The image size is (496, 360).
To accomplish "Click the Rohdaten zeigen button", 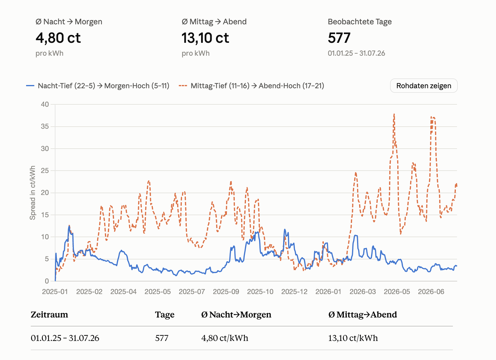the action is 424,86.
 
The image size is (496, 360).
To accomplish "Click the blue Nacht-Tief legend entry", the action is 98,86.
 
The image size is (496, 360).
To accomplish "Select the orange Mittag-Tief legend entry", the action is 251,86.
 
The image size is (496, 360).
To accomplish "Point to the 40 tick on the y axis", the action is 45,104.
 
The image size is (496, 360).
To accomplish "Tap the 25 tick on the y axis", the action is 45,171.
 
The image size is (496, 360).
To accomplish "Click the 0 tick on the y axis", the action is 47,281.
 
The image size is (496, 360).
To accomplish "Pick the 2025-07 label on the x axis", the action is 192,292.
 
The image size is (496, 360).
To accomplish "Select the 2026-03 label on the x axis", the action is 363,292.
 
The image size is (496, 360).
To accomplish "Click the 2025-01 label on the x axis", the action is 55,292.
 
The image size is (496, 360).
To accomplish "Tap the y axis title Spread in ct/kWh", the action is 33,193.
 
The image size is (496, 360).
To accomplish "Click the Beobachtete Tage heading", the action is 360,22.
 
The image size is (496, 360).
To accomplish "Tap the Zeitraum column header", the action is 49,314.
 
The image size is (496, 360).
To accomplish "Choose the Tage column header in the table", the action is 164,315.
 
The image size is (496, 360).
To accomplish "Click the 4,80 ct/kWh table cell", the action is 225,338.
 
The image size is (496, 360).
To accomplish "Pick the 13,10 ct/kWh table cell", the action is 353,338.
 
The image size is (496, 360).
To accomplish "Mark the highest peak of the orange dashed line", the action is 394,114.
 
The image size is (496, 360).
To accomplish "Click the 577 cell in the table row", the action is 162,338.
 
